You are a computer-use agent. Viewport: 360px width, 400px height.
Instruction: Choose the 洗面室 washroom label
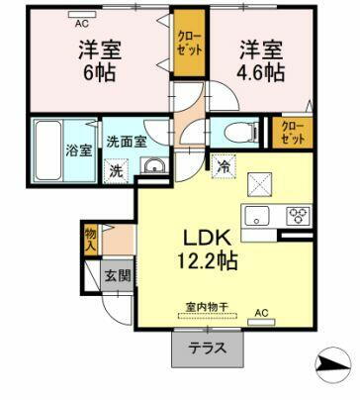click(x=126, y=143)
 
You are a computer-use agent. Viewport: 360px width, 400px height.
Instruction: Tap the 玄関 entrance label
click(x=118, y=275)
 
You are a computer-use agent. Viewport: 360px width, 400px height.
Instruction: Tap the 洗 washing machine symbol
click(x=117, y=169)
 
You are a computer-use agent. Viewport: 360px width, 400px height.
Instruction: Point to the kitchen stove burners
click(x=298, y=215)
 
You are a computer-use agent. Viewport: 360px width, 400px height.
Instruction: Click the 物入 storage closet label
click(x=91, y=238)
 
